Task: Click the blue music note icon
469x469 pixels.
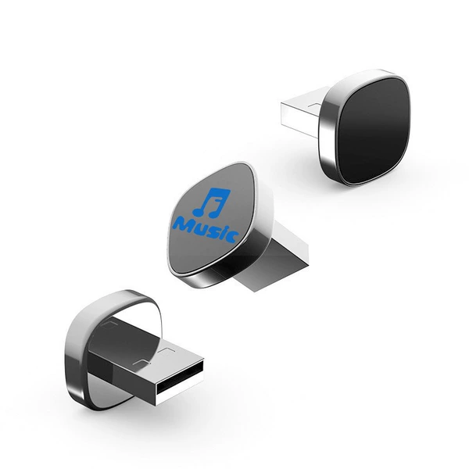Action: click(212, 202)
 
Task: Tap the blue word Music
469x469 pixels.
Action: click(206, 230)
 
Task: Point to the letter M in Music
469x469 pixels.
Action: click(183, 224)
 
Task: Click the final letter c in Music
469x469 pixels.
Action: click(233, 237)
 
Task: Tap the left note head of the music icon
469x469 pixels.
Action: click(198, 212)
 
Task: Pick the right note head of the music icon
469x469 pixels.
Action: click(214, 213)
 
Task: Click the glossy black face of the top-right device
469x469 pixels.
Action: click(374, 131)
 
